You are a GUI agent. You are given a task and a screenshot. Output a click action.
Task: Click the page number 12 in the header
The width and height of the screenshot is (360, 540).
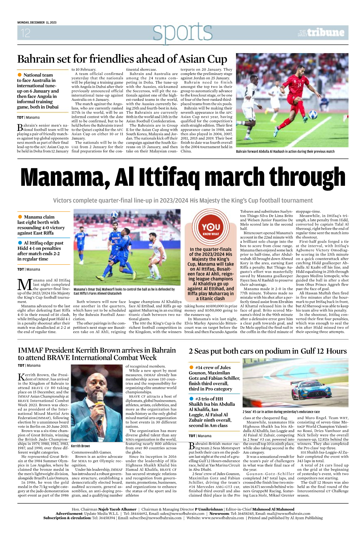26,33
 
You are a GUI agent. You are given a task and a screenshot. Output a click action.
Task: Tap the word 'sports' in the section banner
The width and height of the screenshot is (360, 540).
182,32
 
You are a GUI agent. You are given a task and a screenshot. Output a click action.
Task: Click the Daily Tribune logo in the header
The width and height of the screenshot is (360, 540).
321,33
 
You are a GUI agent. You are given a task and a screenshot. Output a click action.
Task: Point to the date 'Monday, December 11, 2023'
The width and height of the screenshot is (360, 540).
37,22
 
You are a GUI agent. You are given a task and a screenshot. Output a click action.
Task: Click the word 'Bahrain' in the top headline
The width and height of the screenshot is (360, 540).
36,59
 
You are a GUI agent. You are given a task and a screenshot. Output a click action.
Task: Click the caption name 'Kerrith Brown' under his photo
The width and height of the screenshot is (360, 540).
80,446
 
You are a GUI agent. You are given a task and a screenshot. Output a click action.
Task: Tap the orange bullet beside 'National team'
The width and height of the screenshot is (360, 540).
20,75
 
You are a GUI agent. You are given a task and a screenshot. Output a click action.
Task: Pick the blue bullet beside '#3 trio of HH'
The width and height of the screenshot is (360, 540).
191,399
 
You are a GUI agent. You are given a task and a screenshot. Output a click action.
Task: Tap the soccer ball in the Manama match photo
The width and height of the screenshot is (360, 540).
115,215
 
